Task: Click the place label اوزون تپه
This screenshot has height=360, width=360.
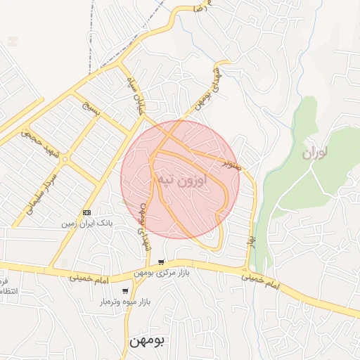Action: pyautogui.click(x=180, y=179)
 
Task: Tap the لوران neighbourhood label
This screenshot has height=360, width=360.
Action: pyautogui.click(x=316, y=153)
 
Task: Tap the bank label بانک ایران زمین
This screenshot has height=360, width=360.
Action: pyautogui.click(x=86, y=223)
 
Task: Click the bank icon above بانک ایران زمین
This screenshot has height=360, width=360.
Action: pyautogui.click(x=86, y=212)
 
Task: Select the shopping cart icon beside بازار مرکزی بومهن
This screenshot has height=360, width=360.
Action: pyautogui.click(x=161, y=262)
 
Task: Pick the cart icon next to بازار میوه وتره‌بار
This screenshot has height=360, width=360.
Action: pyautogui.click(x=125, y=292)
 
